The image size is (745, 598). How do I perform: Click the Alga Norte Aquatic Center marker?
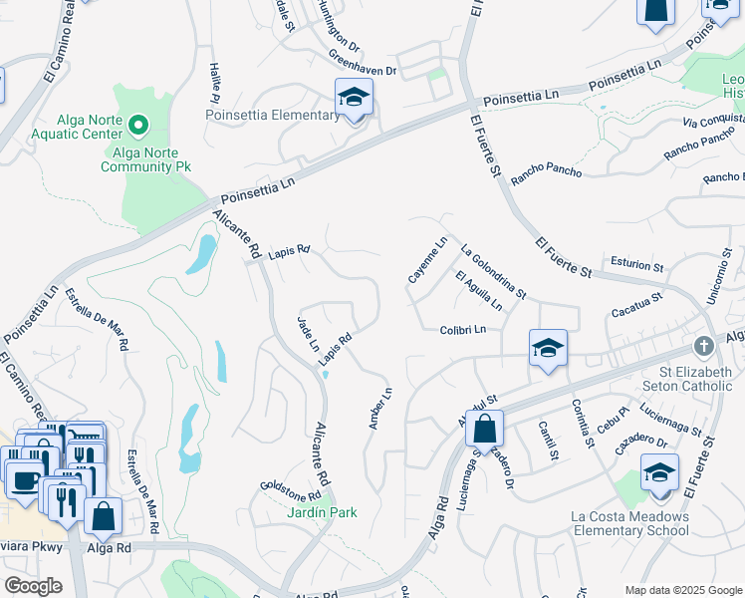pyautogui.click(x=139, y=126)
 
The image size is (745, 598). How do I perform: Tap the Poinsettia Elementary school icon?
pyautogui.click(x=354, y=99)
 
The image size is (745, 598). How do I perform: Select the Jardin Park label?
pyautogui.click(x=321, y=512)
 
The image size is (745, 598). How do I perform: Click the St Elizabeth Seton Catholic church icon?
pyautogui.click(x=704, y=346)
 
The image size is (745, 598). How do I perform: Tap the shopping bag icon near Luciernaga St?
pyautogui.click(x=484, y=430)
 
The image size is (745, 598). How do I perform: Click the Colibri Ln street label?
pyautogui.click(x=461, y=330)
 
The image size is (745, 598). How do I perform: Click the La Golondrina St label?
pyautogui.click(x=493, y=272)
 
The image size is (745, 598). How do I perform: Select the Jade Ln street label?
pyautogui.click(x=308, y=333)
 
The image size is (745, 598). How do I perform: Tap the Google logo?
pyautogui.click(x=34, y=586)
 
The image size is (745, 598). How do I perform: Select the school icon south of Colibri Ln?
pyautogui.click(x=548, y=349)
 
